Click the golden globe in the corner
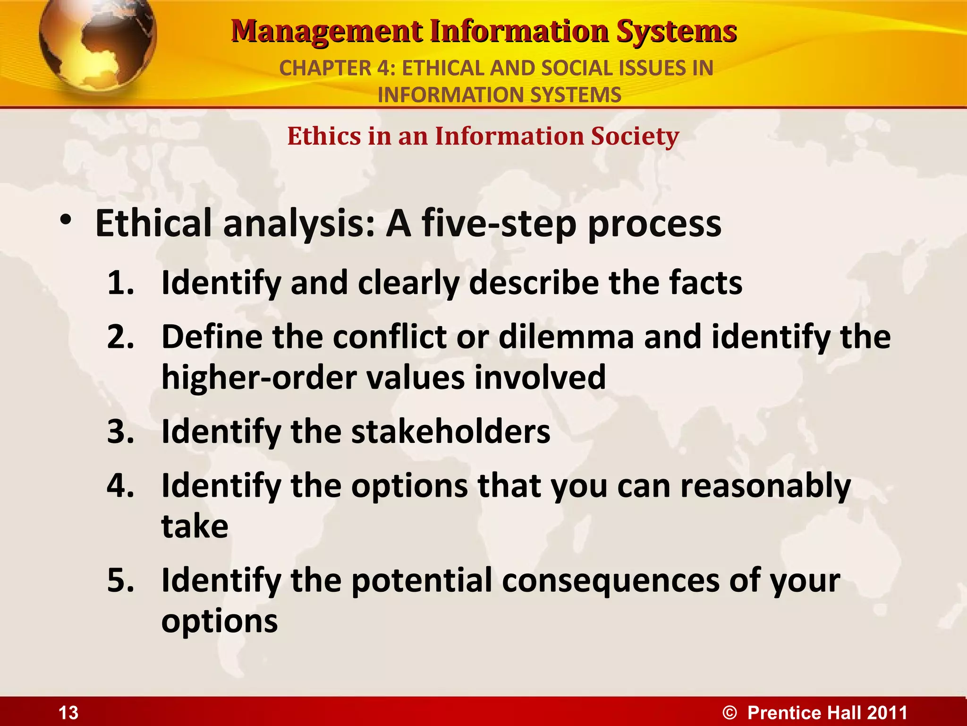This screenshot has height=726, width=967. [97, 45]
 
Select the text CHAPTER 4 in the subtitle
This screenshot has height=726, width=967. [337, 69]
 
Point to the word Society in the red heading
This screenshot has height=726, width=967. [635, 137]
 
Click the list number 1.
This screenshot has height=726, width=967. [120, 283]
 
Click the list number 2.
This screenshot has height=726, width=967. [120, 337]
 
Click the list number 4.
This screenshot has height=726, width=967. [120, 486]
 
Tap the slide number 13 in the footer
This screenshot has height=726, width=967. [68, 713]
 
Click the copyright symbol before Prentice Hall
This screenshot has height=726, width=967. [729, 713]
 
